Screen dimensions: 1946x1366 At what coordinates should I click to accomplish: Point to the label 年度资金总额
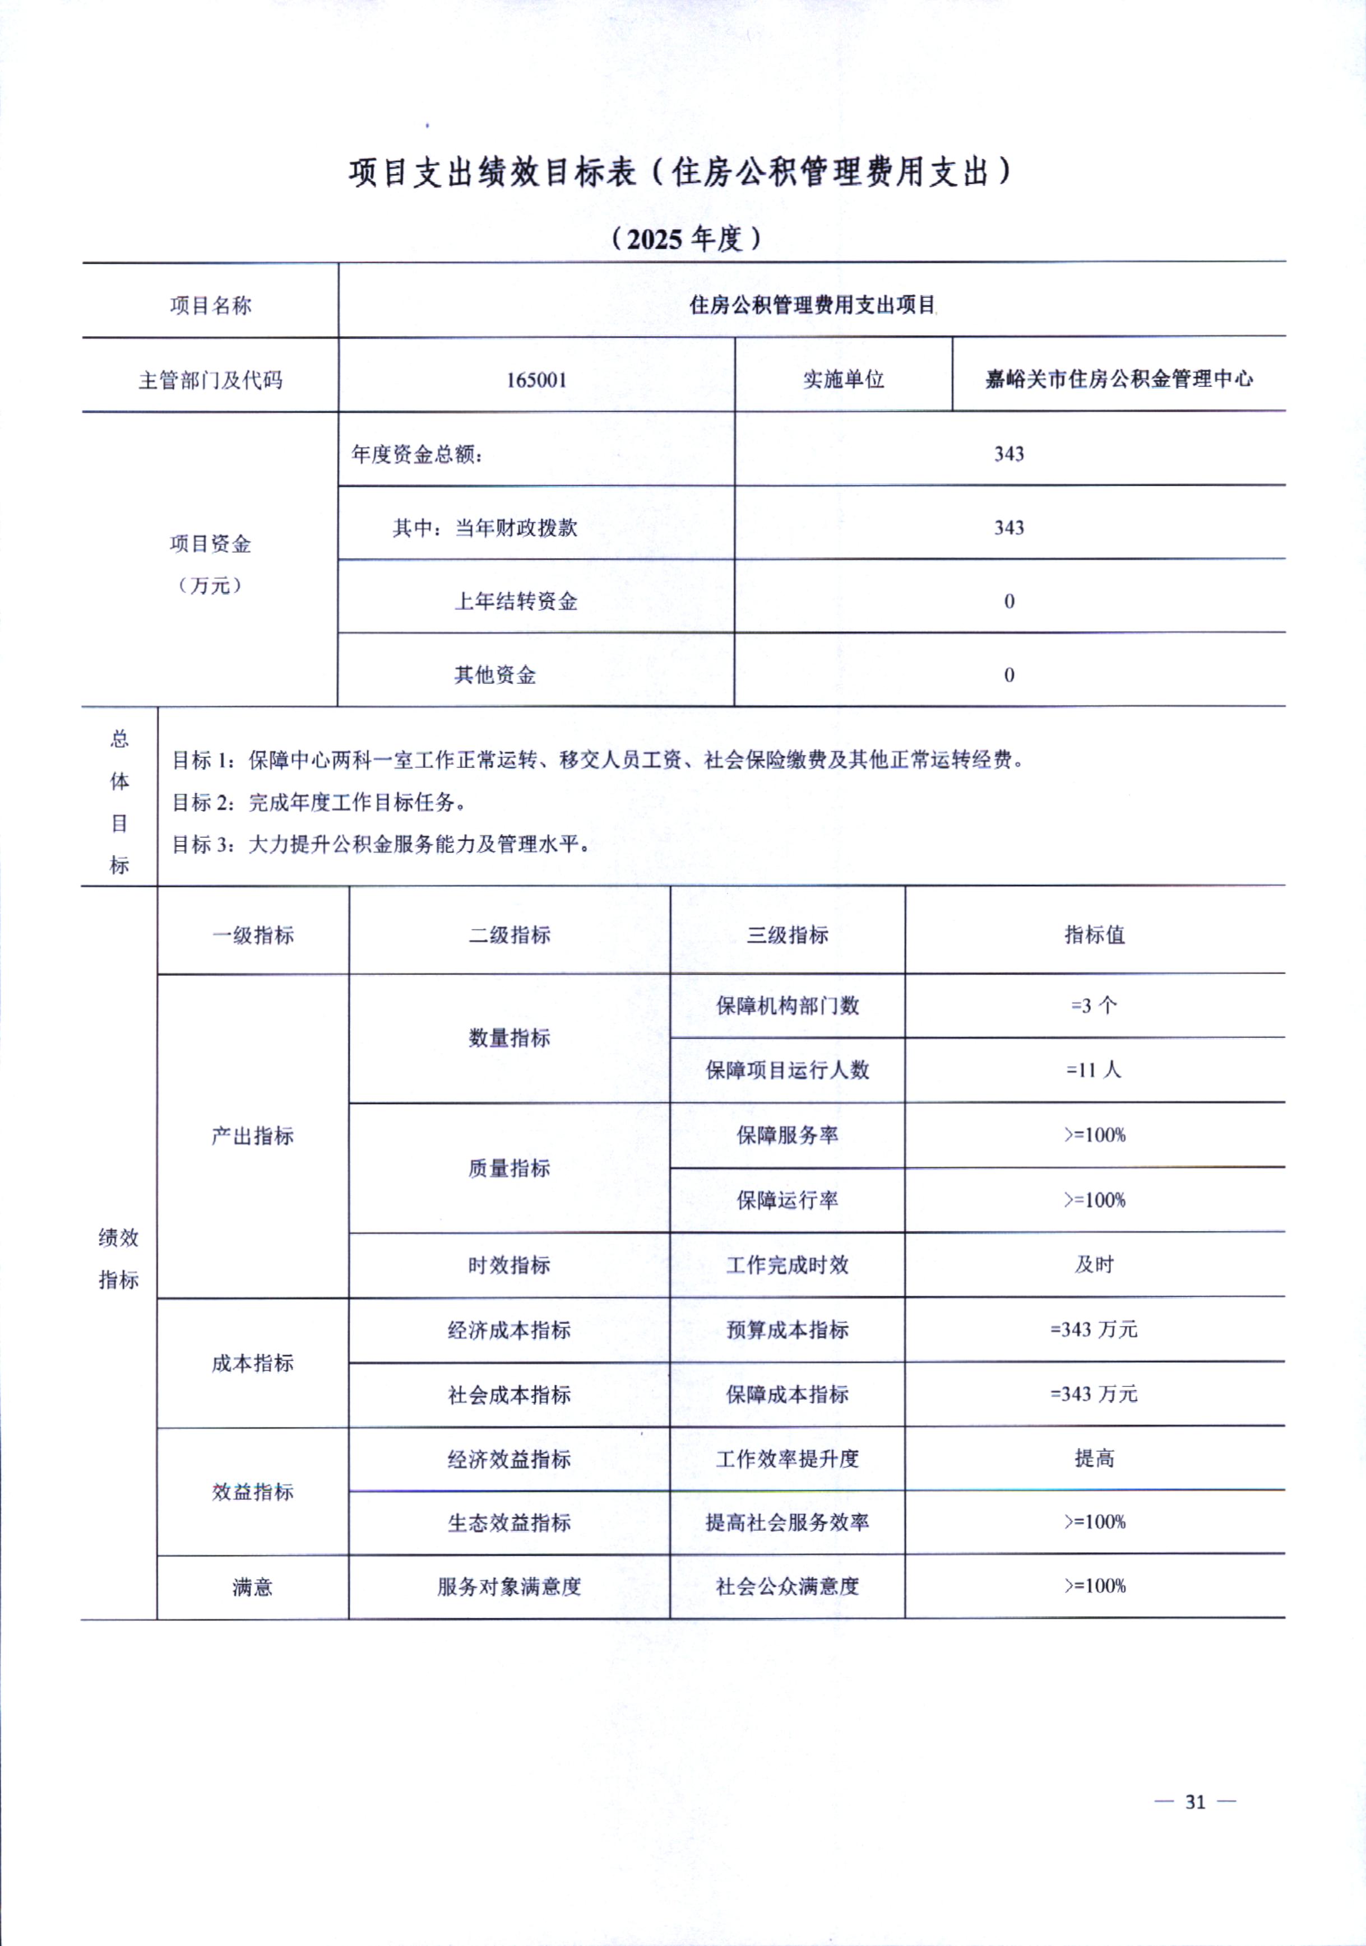[417, 454]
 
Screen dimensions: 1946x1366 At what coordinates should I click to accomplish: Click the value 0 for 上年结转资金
[1009, 601]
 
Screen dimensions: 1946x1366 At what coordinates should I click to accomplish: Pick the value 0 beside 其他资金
[1009, 674]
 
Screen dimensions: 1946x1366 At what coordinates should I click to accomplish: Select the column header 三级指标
[787, 935]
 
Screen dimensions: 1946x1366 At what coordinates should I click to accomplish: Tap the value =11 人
[1094, 1069]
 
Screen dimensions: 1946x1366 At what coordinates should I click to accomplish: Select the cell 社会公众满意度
[787, 1586]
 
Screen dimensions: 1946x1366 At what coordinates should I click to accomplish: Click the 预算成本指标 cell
[787, 1330]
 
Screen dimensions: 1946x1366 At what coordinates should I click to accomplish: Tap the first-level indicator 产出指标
[253, 1136]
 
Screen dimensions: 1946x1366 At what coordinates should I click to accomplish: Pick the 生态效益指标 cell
[509, 1522]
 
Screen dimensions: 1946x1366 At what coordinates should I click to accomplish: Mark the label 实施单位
[843, 380]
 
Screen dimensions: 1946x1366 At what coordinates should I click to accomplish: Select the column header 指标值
[1094, 935]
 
